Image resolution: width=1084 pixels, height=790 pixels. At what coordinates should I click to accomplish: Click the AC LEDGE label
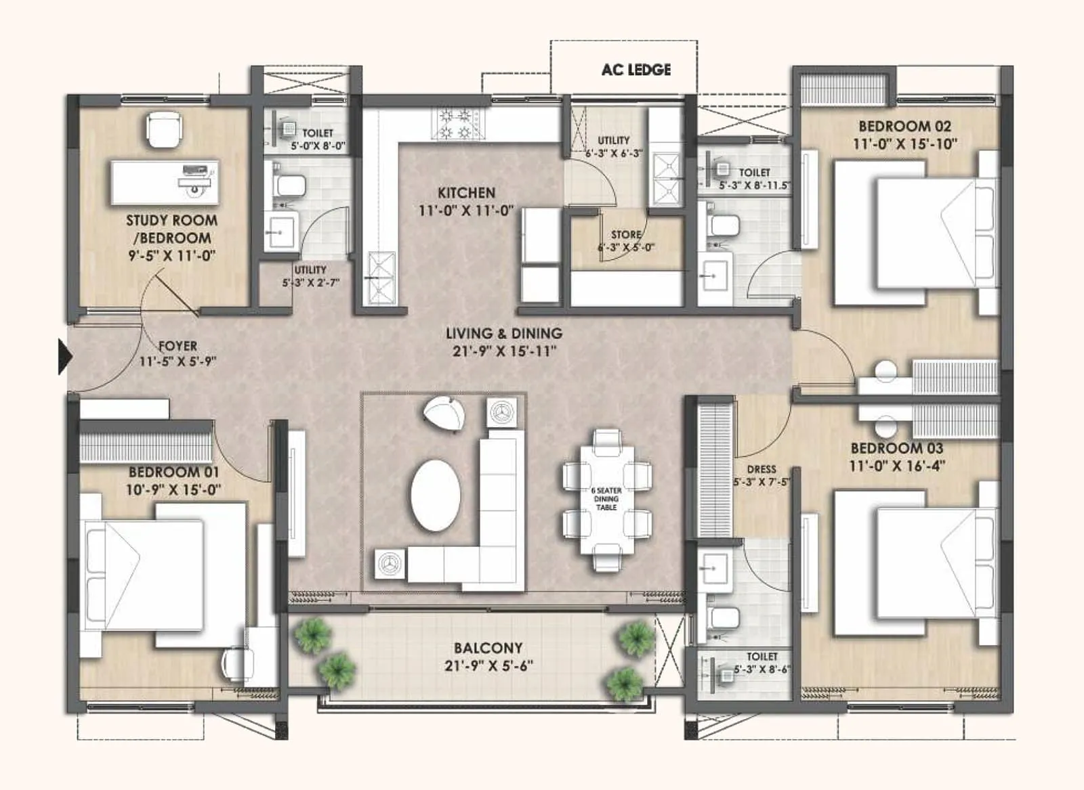coord(635,70)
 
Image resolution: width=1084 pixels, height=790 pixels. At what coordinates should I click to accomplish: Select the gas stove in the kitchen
coord(456,124)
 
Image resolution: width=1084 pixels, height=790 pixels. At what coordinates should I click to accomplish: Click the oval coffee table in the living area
coord(436,496)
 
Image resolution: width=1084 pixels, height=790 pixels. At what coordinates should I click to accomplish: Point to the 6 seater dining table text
coord(606,499)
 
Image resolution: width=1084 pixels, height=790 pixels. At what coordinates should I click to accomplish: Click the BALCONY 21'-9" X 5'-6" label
coord(488,657)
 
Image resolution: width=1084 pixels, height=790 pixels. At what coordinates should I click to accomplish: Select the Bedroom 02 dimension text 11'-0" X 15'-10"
coord(904,144)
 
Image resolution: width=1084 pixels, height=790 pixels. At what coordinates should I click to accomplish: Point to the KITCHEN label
coord(466,193)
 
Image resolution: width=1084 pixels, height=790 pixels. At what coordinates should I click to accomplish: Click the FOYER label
coord(178,346)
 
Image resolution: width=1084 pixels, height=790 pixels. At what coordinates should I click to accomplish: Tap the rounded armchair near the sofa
coord(444,412)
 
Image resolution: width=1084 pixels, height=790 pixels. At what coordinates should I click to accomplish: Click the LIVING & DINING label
coord(504,333)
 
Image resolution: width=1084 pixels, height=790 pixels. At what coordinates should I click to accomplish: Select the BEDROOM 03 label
coord(896,448)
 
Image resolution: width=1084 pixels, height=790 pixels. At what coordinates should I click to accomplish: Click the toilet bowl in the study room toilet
coord(289,185)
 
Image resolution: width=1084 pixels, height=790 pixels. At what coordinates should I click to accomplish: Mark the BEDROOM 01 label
coord(173,472)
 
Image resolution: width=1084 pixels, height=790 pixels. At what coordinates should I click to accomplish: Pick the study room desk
coord(165,182)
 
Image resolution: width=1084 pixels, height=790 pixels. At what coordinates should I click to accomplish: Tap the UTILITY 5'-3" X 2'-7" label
coord(310,276)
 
